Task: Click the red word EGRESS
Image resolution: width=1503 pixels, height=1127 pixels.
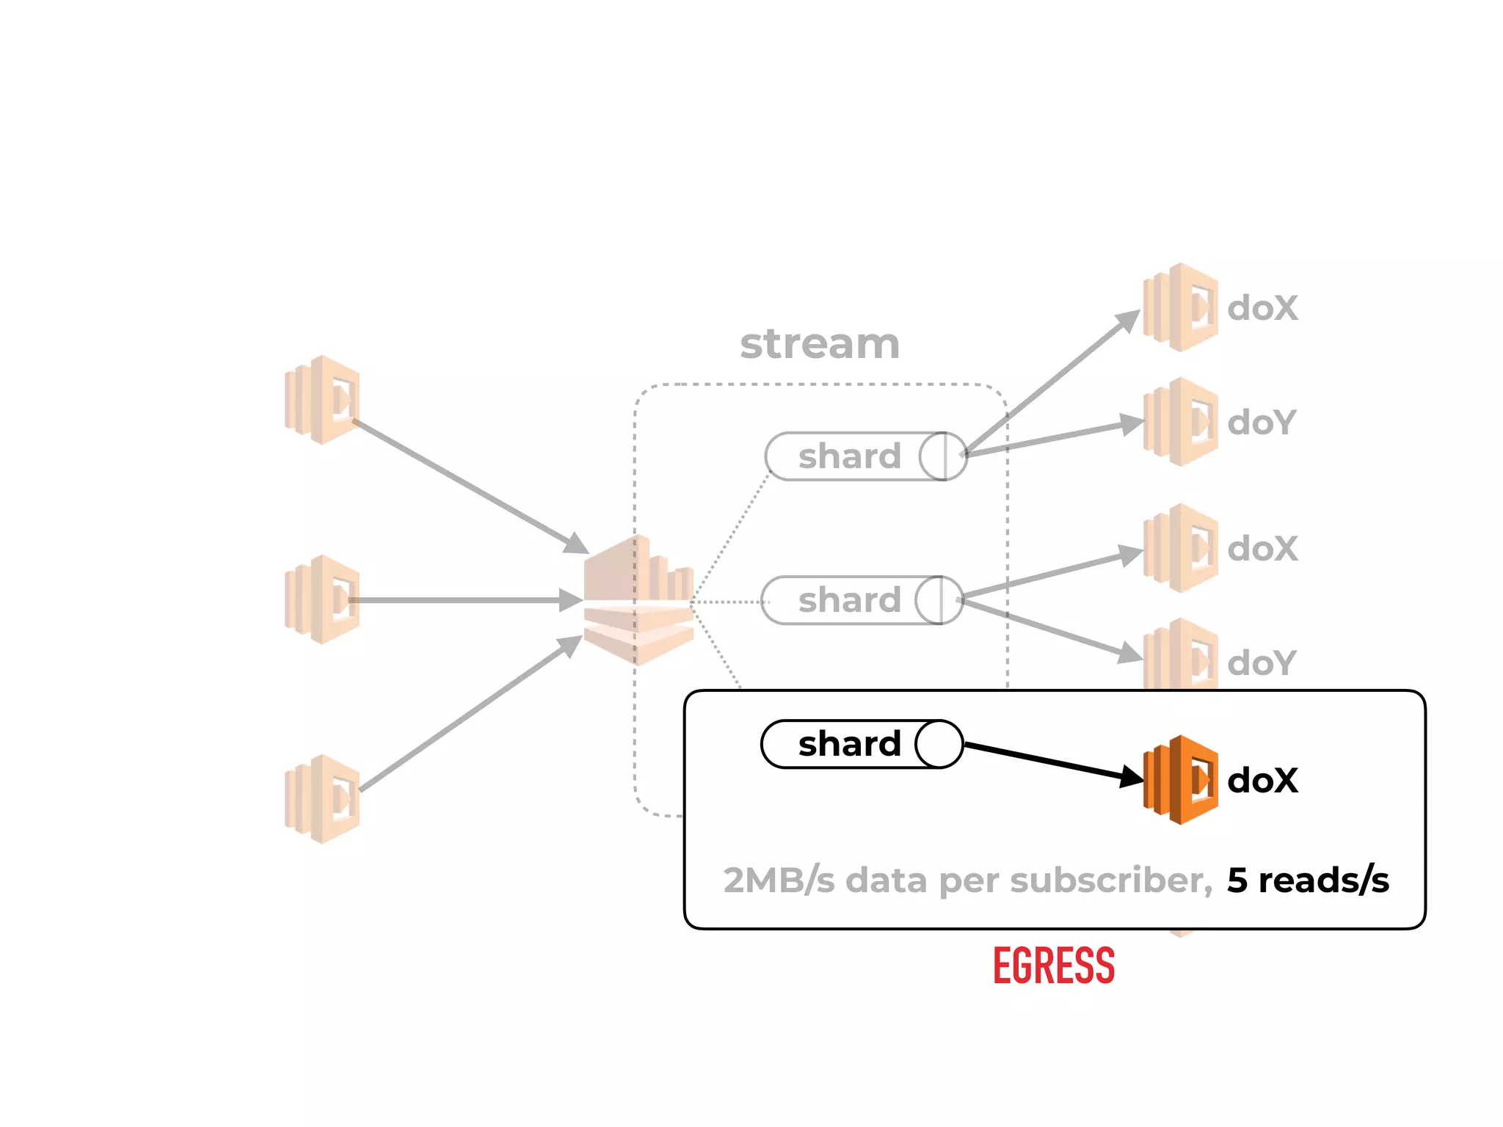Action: [1053, 966]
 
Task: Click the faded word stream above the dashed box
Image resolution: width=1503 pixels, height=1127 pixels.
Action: [820, 343]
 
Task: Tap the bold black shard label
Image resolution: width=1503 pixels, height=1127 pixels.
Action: [849, 744]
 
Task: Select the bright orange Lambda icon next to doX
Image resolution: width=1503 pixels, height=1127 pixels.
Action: [1180, 780]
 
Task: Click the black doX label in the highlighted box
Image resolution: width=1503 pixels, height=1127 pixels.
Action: [1262, 780]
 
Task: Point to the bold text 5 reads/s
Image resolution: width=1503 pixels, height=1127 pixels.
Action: [1308, 880]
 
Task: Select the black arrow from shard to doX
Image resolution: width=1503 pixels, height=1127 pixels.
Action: [1049, 762]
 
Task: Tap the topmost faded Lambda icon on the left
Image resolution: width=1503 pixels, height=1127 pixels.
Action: [322, 400]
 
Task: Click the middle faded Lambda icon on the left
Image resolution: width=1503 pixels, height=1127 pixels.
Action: [322, 599]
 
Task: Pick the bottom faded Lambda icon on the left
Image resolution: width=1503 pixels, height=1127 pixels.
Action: [322, 799]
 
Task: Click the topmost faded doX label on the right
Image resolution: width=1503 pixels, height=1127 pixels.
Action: [1262, 308]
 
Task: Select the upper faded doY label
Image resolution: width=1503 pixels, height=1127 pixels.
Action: [1261, 423]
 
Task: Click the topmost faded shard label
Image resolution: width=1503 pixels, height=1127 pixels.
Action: [849, 456]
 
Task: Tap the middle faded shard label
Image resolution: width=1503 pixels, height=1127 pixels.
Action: [849, 600]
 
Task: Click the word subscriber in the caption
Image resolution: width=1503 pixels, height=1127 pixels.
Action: [1110, 880]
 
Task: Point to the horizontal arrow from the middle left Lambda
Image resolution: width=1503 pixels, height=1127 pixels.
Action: [462, 600]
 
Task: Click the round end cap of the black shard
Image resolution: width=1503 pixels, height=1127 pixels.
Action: [939, 744]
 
